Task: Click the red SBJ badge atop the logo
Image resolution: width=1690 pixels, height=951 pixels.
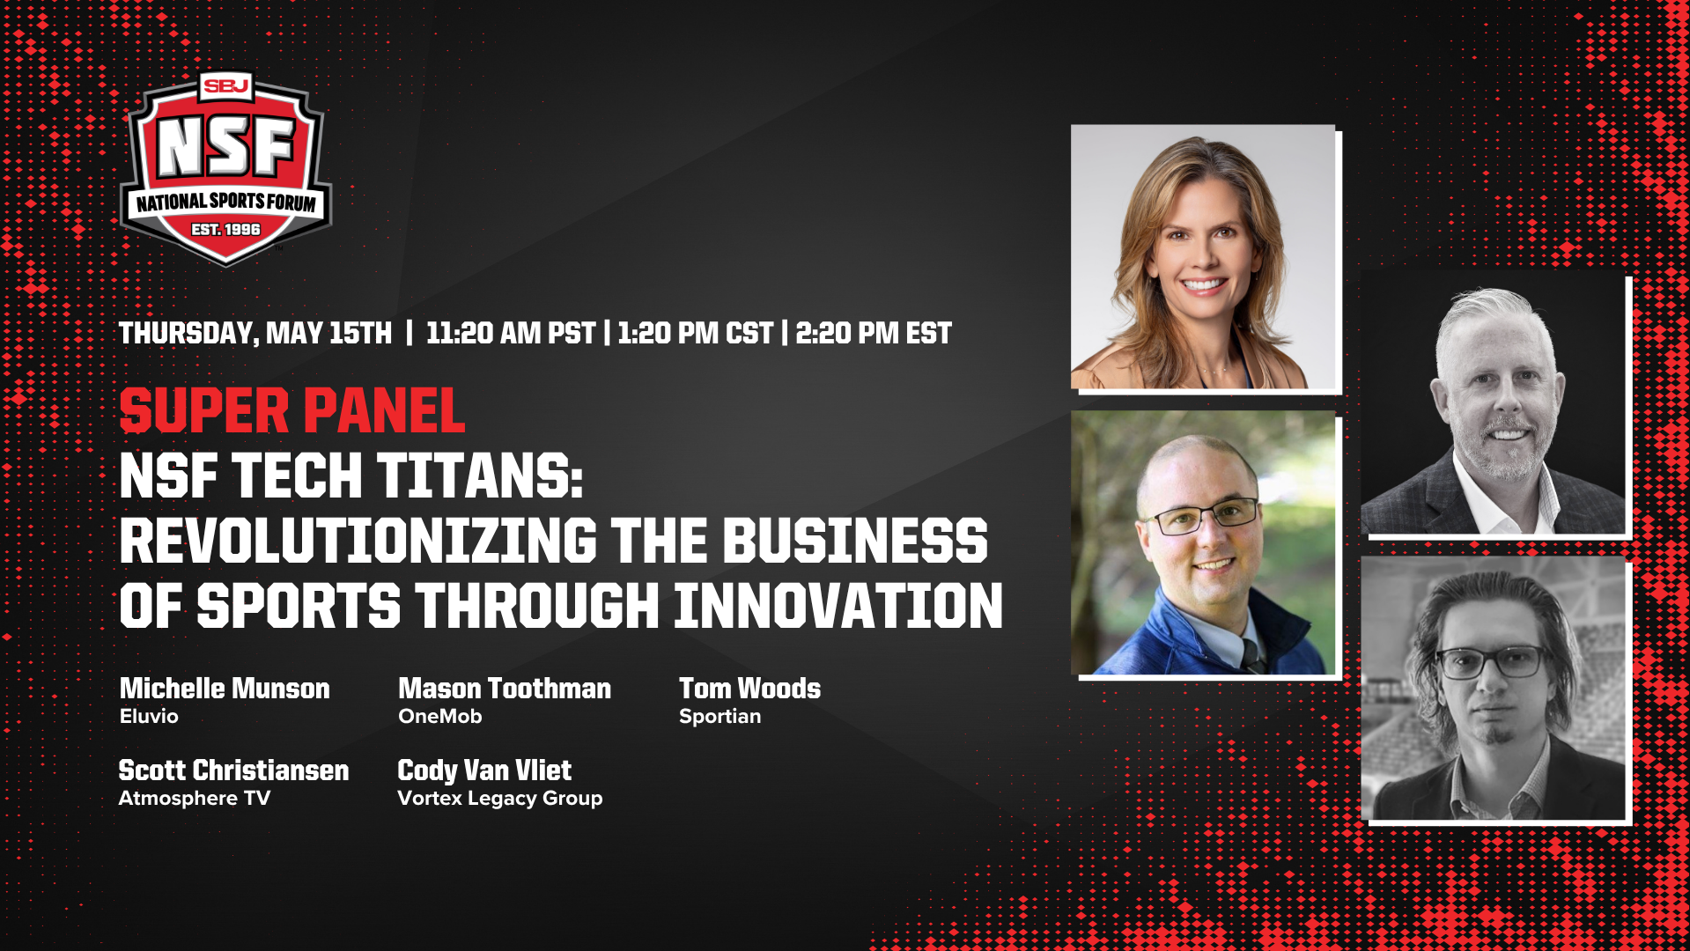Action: (x=226, y=85)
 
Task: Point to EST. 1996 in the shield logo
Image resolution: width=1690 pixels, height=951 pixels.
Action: (x=226, y=230)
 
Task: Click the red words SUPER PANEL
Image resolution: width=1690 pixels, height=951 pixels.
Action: (x=292, y=411)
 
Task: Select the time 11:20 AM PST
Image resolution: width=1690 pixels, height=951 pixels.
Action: (x=511, y=334)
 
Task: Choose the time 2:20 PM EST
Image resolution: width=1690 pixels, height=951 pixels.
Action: (x=873, y=334)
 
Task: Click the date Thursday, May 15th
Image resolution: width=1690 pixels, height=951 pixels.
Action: (x=255, y=334)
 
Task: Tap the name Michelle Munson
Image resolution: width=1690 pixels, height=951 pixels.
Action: (x=225, y=689)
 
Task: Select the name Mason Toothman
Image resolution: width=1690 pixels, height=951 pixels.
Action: (x=505, y=689)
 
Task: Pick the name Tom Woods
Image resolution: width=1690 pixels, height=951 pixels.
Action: (x=749, y=689)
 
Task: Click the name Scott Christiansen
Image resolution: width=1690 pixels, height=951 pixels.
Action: (x=233, y=770)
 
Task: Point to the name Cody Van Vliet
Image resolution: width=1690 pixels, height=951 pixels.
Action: (x=484, y=770)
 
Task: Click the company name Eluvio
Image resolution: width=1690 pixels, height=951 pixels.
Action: (x=149, y=717)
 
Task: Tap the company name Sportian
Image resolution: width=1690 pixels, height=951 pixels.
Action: (x=720, y=717)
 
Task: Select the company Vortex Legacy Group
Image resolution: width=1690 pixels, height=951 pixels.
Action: (x=500, y=799)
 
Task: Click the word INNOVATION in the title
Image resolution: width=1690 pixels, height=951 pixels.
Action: (x=838, y=606)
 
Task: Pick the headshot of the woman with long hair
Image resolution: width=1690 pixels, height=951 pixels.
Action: (x=1203, y=256)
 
